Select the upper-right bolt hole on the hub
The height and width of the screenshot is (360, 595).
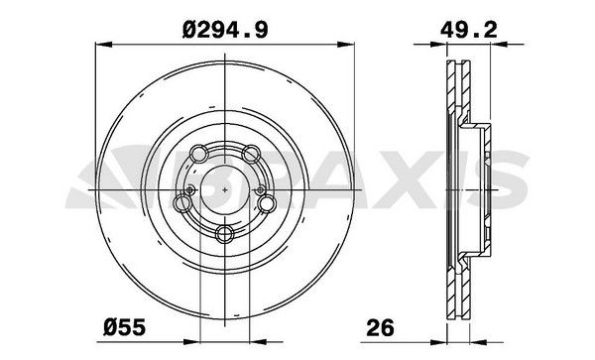click(253, 153)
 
